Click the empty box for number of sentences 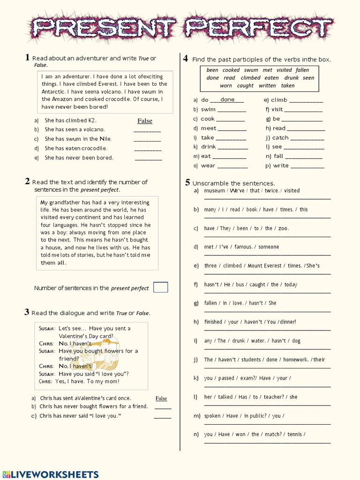pos(160,287)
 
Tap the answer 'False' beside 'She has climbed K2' pos(144,121)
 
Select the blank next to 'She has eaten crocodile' pos(148,150)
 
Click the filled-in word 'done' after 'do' pos(227,100)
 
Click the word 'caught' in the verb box pos(245,86)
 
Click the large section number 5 pos(187,183)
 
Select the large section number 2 pos(28,181)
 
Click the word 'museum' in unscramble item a pos(215,191)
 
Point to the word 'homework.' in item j pos(296,360)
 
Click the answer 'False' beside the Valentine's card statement pos(161,398)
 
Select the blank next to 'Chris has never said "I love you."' pos(162,417)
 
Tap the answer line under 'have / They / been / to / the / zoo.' pos(267,236)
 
